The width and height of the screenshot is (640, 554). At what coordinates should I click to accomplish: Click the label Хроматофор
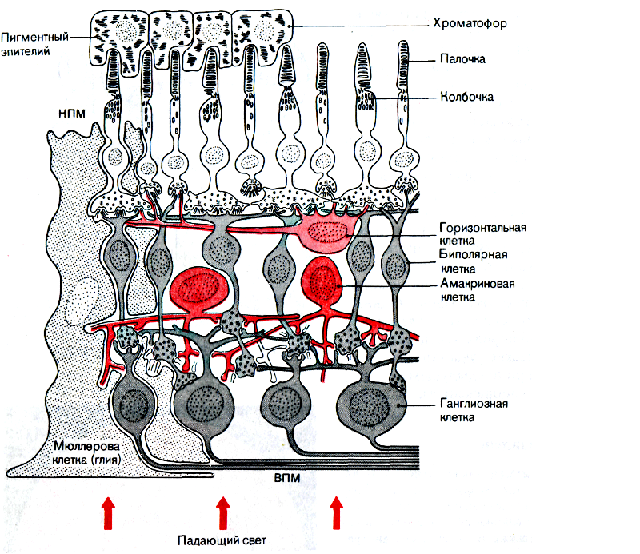pos(470,23)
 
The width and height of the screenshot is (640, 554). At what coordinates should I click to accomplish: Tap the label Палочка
pos(462,59)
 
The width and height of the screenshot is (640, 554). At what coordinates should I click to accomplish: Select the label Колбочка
pos(466,97)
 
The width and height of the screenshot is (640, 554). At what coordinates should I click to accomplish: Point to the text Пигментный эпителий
pos(34,44)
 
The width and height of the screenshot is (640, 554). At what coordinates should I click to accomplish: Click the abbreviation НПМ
pos(72,113)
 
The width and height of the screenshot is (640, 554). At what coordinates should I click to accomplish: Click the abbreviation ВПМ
pos(287,478)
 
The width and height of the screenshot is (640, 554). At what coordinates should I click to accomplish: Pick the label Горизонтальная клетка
pos(483,233)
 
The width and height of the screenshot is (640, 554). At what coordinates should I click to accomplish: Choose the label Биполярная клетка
pos(474,261)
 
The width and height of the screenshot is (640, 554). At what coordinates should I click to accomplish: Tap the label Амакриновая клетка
pos(477,290)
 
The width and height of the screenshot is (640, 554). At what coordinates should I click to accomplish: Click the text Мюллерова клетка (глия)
pos(87,452)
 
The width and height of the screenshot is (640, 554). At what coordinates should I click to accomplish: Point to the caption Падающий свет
pos(222,540)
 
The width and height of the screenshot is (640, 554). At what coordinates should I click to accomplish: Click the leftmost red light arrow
pos(108,512)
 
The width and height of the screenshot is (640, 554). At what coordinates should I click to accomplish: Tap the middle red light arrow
pos(222,512)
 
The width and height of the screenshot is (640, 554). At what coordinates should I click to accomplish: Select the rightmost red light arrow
pos(336,512)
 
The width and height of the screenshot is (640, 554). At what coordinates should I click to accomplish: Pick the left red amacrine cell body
pos(198,289)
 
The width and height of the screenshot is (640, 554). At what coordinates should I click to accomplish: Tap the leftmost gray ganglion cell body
pos(134,403)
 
